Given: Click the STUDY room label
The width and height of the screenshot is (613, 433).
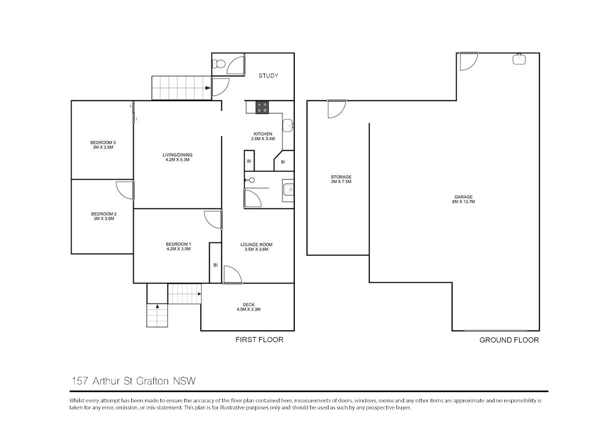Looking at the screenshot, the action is pyautogui.click(x=268, y=76).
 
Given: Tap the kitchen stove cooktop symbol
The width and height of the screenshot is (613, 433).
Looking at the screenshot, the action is pyautogui.click(x=262, y=107).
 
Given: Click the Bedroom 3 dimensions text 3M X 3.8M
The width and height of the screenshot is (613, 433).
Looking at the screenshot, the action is pyautogui.click(x=103, y=148).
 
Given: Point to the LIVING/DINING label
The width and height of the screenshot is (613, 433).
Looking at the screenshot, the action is pyautogui.click(x=177, y=155).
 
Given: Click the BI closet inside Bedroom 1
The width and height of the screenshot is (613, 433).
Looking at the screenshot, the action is pyautogui.click(x=216, y=263).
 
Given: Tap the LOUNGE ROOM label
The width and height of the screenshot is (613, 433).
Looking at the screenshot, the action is pyautogui.click(x=256, y=245).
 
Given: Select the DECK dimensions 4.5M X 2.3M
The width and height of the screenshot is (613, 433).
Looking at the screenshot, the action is pyautogui.click(x=248, y=309).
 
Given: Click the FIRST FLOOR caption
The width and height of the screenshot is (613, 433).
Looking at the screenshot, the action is pyautogui.click(x=260, y=340).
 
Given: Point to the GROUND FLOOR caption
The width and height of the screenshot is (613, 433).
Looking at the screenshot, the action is pyautogui.click(x=509, y=340).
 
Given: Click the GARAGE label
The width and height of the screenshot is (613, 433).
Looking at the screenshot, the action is pyautogui.click(x=464, y=197).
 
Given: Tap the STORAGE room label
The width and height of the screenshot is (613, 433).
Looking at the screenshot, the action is pyautogui.click(x=341, y=177).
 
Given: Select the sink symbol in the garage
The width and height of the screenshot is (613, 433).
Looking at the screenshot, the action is pyautogui.click(x=519, y=60).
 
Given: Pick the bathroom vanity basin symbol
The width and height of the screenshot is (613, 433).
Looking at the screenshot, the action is pyautogui.click(x=288, y=189).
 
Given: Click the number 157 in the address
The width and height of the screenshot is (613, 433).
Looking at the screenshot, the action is pyautogui.click(x=80, y=381).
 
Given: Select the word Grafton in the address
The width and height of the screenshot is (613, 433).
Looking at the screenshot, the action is pyautogui.click(x=152, y=381).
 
